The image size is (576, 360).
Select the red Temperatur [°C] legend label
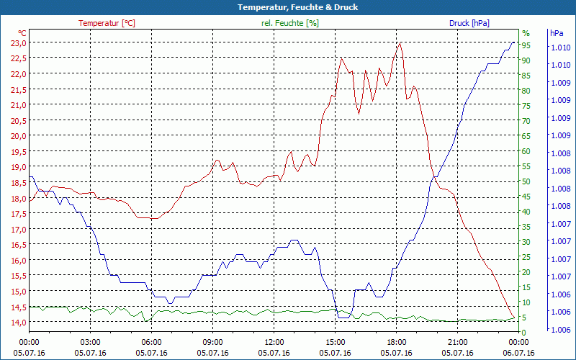[107, 23]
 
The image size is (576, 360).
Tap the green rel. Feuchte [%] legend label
[290, 23]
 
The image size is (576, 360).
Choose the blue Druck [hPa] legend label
[469, 23]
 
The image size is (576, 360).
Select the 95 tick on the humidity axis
[526, 45]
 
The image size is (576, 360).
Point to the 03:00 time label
[90, 342]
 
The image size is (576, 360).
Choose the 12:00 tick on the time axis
[274, 342]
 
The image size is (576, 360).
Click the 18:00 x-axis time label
[396, 342]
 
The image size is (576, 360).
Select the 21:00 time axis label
[457, 342]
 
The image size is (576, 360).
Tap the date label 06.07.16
[518, 353]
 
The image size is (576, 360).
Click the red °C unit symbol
[22, 33]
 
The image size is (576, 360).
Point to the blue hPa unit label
[557, 33]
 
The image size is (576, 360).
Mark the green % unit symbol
[526, 33]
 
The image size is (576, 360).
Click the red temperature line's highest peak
[400, 42]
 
